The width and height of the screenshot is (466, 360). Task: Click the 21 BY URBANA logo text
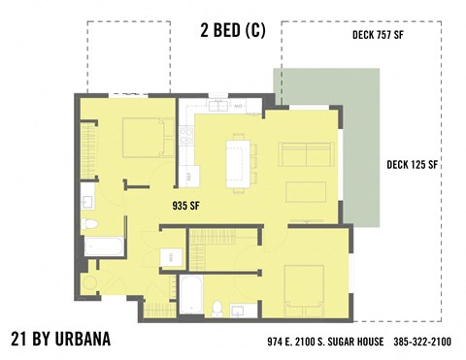coord(60,339)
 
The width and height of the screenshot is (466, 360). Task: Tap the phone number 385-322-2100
coord(421,342)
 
